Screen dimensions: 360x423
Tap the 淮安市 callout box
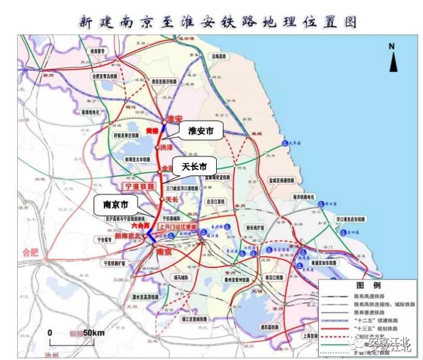200,130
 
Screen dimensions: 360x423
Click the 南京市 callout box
115,202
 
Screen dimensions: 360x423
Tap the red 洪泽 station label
166,148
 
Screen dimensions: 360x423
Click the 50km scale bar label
93,332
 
